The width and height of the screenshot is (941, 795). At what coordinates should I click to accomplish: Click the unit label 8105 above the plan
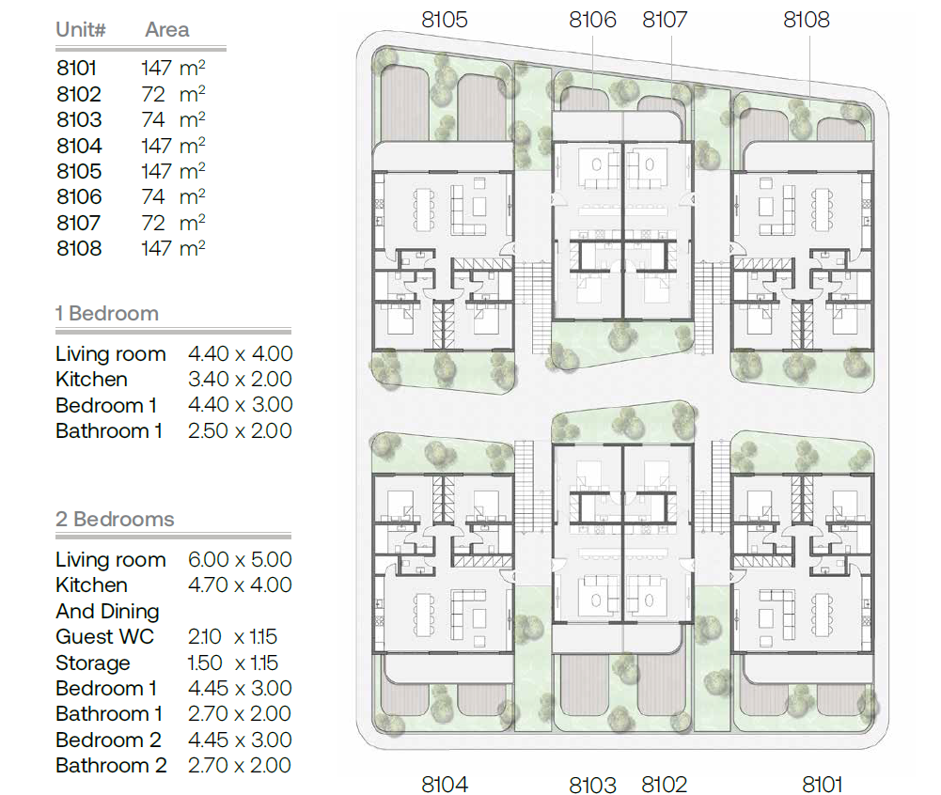444,20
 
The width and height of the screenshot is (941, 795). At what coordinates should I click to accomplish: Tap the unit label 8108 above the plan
806,20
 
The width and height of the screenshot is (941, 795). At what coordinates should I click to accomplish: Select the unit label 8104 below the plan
444,784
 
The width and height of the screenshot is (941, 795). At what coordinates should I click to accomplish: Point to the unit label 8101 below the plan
823,784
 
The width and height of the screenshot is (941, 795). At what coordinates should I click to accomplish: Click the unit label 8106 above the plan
592,20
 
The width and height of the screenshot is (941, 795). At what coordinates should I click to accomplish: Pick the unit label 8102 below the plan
664,784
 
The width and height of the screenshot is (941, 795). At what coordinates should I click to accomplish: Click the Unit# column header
81,29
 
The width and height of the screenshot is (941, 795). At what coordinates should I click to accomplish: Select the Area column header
166,29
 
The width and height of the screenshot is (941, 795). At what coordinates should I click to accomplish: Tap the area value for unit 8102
173,94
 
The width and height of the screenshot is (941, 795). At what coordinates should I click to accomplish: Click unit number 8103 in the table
79,120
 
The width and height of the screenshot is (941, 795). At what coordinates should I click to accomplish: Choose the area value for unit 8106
173,196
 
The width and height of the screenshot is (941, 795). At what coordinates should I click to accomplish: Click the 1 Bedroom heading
107,313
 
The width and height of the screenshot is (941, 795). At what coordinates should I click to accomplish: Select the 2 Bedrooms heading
115,519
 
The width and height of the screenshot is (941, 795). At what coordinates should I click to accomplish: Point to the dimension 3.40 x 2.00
240,380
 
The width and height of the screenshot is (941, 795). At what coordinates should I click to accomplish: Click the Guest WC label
105,636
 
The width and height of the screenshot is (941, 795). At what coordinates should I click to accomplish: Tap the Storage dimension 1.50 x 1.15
233,663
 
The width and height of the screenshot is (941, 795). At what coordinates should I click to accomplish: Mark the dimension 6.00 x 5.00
240,560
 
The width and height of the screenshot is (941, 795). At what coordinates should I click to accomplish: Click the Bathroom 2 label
111,766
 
